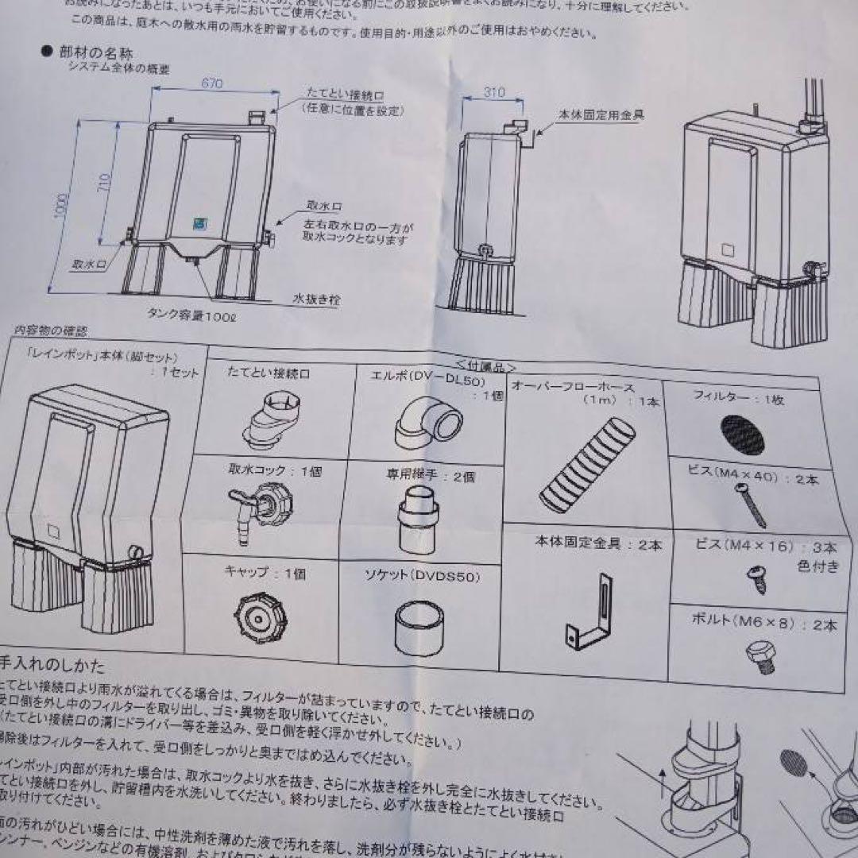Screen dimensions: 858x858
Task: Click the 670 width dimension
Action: coord(211,83)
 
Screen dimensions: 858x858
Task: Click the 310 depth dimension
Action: coord(493,92)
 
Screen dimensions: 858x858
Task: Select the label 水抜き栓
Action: coord(316,300)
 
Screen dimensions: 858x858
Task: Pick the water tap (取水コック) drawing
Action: coord(258,508)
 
